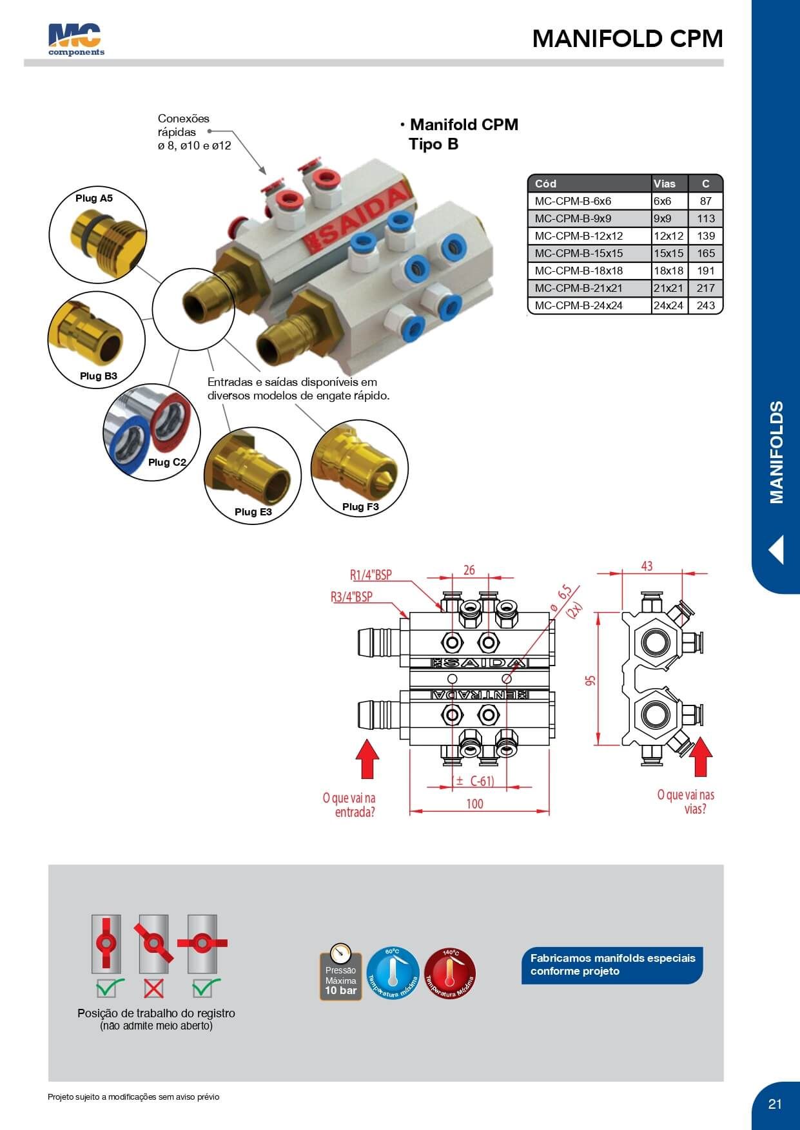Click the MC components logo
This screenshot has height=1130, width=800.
76,40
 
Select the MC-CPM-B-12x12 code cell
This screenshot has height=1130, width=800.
578,236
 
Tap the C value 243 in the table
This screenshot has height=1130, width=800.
705,305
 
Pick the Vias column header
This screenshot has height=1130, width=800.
665,184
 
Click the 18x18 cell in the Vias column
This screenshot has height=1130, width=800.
668,271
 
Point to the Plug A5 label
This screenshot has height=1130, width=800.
94,198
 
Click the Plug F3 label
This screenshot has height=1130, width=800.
360,507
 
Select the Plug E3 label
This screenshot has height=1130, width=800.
253,512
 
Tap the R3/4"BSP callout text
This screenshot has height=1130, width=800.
351,597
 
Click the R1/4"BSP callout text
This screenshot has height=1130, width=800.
371,575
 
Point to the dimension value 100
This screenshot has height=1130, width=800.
474,804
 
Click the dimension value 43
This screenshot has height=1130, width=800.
647,566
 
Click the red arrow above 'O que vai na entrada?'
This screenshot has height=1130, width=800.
367,759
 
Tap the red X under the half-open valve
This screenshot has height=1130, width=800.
153,988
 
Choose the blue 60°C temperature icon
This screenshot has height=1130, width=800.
393,973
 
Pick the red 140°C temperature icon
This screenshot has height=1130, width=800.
450,973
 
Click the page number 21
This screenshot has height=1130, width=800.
775,1104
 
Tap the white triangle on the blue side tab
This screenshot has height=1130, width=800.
777,550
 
